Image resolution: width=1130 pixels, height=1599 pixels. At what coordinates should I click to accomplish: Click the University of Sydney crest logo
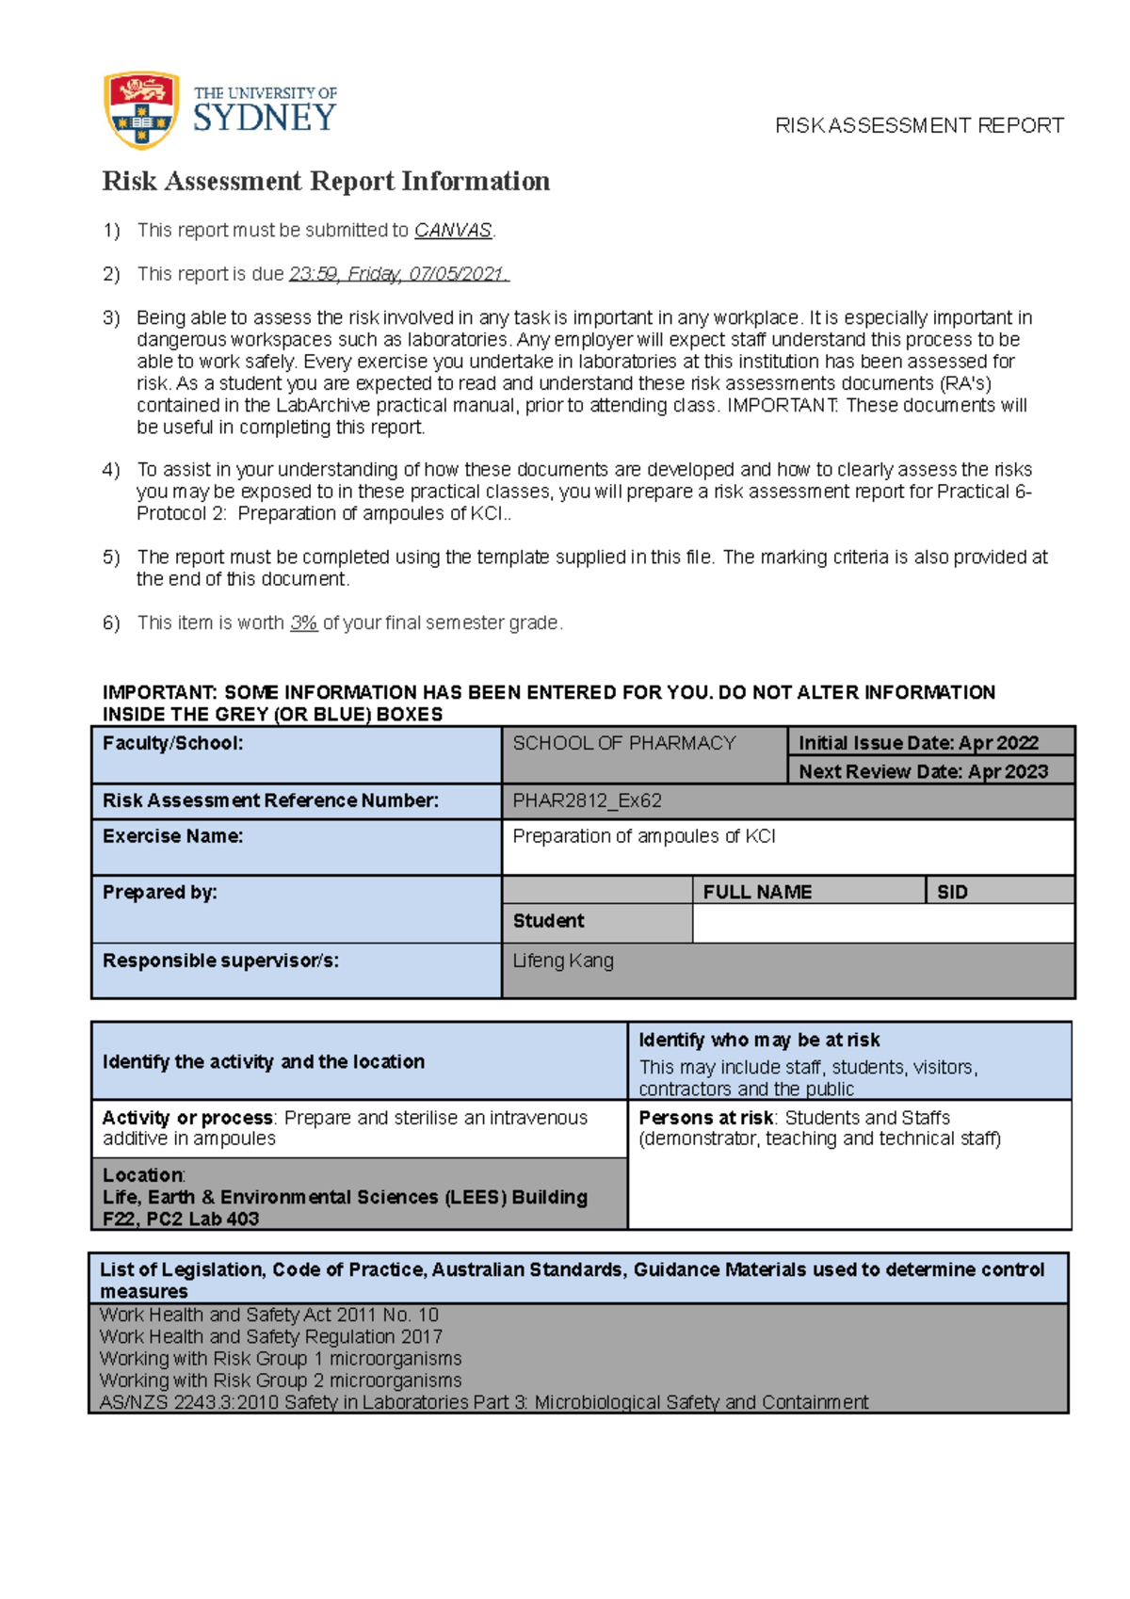141,110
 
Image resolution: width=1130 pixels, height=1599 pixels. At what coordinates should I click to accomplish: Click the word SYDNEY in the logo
265,119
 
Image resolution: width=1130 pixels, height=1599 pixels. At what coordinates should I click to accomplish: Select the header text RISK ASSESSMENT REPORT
919,126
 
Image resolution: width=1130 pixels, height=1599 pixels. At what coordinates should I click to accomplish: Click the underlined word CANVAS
453,231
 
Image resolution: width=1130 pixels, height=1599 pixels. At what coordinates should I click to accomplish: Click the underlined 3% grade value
303,623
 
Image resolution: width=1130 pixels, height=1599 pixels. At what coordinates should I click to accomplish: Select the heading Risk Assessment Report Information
326,181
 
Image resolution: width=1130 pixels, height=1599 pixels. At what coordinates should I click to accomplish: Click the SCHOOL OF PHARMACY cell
623,743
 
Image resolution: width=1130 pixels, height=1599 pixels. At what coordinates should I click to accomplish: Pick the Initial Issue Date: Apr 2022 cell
918,743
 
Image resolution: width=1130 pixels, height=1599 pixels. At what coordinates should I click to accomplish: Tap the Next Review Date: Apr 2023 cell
923,771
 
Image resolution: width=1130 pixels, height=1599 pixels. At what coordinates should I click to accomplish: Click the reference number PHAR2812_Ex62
587,801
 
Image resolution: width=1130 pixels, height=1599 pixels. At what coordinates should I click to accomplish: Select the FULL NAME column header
757,892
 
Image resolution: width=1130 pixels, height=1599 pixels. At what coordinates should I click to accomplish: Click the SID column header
952,892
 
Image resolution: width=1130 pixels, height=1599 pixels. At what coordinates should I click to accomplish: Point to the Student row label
548,921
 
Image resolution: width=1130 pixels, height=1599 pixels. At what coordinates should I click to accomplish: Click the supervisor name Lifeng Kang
563,961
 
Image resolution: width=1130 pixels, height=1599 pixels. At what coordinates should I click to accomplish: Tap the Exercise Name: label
172,836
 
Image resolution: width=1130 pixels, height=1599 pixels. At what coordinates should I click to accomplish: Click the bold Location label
143,1175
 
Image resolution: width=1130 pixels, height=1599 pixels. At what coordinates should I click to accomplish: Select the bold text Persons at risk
705,1118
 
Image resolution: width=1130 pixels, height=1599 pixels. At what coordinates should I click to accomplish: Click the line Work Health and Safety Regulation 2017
270,1337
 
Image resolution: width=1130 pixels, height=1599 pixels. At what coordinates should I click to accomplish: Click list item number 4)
111,470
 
